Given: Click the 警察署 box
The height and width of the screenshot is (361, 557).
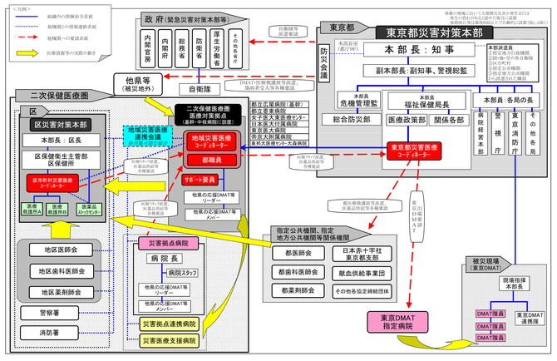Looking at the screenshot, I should [49, 313].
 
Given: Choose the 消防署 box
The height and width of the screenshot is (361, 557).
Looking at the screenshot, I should [49, 334].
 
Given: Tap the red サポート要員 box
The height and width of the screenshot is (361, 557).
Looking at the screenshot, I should [200, 178].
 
